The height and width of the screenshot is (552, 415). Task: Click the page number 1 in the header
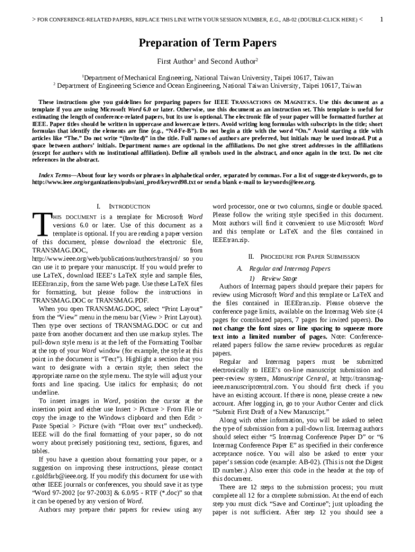click(382, 19)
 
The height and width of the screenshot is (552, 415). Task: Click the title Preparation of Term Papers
click(207, 43)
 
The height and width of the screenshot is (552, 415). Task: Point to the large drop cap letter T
click(41, 224)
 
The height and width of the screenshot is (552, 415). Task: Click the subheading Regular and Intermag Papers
click(290, 268)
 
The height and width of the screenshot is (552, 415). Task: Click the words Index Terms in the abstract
click(56, 176)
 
